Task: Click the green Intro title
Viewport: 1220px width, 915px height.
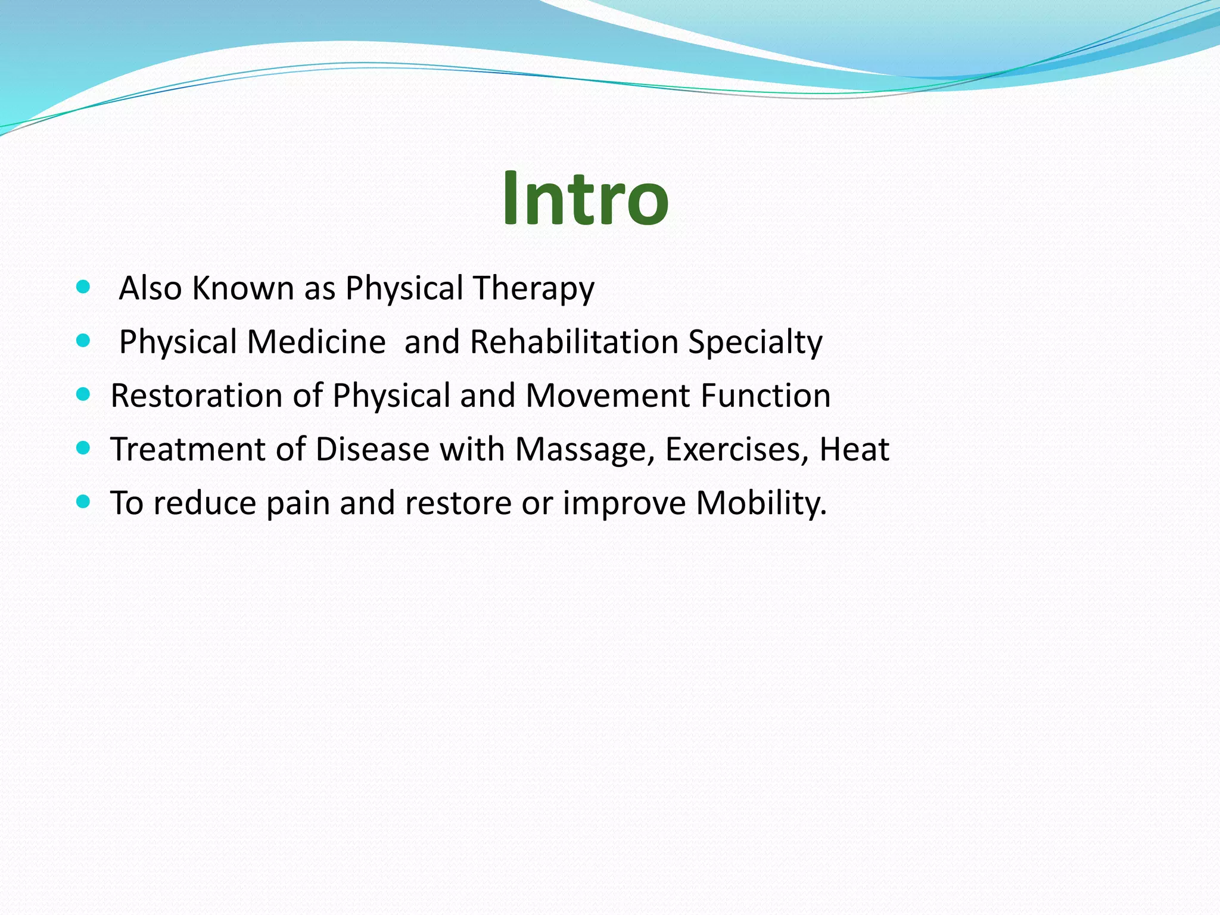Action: pyautogui.click(x=585, y=198)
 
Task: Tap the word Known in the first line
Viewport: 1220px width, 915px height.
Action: pyautogui.click(x=243, y=288)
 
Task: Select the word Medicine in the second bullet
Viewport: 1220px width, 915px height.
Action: pyautogui.click(x=316, y=343)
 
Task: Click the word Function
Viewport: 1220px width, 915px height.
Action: pyautogui.click(x=765, y=396)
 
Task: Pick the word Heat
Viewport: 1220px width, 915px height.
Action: pyautogui.click(x=854, y=450)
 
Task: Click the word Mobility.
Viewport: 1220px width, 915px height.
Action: pyautogui.click(x=761, y=504)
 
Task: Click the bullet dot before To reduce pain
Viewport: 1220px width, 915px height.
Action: pyautogui.click(x=83, y=502)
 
